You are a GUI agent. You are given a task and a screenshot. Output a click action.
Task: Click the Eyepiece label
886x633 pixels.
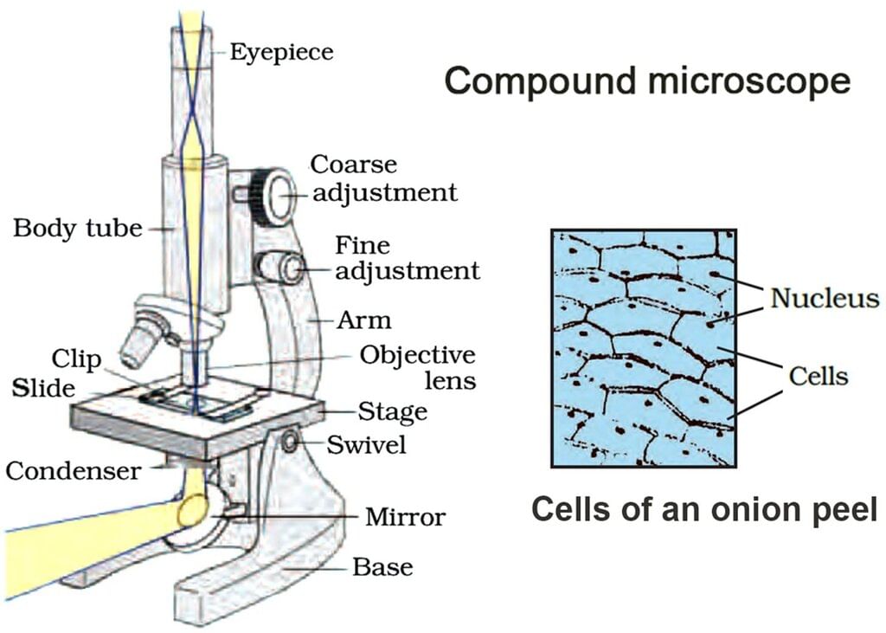click(281, 52)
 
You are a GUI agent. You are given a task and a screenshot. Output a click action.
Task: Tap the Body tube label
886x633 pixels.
click(77, 229)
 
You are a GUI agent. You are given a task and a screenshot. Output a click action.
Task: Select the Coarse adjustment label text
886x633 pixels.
click(383, 178)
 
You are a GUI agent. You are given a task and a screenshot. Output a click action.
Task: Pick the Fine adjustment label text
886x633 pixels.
click(407, 258)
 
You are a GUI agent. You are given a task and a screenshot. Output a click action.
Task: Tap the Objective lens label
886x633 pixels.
click(418, 367)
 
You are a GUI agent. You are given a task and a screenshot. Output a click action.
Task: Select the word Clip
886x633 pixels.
click(76, 358)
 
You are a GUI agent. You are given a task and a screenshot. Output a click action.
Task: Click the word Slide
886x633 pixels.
click(43, 388)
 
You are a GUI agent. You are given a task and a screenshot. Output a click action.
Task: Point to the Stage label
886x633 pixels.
click(393, 411)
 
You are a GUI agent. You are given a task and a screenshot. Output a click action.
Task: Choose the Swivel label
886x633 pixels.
click(366, 445)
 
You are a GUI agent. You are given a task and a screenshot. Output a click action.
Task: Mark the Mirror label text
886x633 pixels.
click(404, 518)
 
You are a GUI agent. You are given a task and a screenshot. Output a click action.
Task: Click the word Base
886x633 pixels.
click(382, 568)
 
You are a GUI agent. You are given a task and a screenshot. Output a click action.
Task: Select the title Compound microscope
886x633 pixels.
click(647, 81)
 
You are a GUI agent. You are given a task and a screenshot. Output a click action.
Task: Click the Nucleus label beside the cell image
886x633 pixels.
click(824, 299)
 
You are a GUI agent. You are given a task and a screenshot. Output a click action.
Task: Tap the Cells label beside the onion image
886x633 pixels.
click(818, 376)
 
